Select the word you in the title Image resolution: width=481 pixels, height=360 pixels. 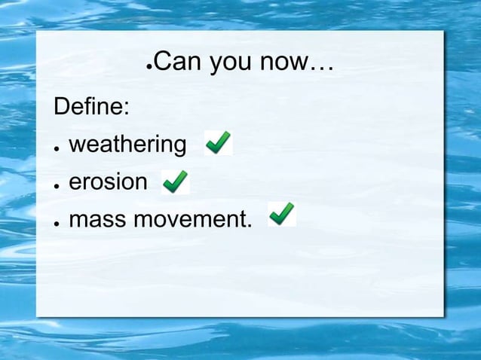tap(232, 65)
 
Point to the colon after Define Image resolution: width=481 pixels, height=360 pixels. tap(126, 109)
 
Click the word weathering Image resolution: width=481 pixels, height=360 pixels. tap(127, 145)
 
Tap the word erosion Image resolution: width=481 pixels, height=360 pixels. tap(109, 182)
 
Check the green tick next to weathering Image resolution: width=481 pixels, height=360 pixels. tap(218, 142)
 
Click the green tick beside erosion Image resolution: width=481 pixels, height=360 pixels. tap(175, 181)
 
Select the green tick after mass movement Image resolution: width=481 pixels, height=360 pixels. tap(282, 214)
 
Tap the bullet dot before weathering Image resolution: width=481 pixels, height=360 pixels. tap(57, 148)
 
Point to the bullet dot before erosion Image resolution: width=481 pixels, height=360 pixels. tap(57, 185)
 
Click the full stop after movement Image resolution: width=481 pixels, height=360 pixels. tap(250, 227)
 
